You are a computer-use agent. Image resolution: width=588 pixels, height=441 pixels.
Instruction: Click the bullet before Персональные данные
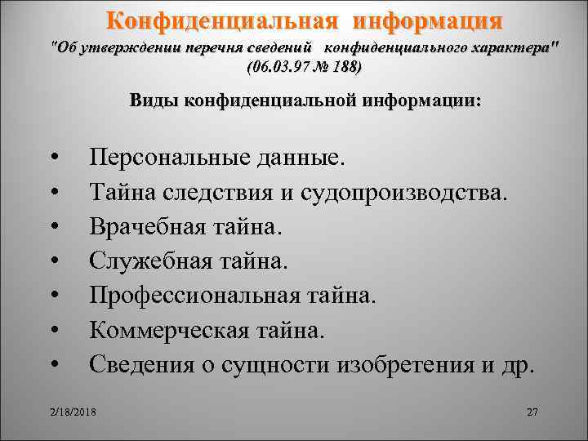[x=53, y=158]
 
